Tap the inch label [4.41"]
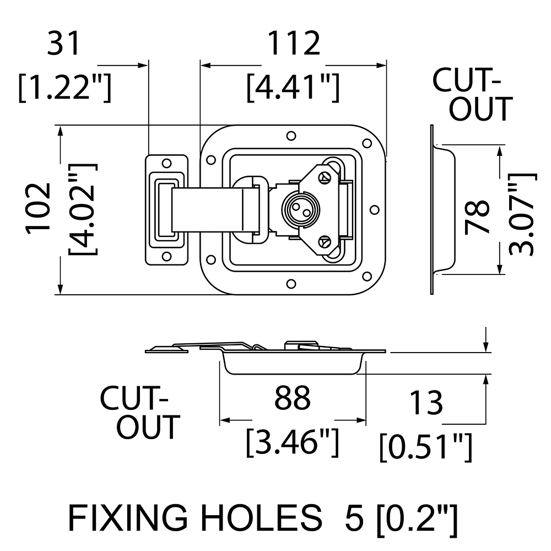[293, 87]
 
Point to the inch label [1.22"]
[65, 87]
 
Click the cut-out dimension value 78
[477, 217]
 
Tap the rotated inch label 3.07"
[522, 215]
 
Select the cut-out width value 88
[293, 398]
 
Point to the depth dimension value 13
[426, 403]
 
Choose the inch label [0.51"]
[426, 446]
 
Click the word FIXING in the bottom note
[128, 517]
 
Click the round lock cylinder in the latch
[300, 209]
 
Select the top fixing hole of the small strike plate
[166, 164]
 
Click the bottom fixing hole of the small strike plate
[166, 256]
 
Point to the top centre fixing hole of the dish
[291, 136]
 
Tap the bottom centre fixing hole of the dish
[291, 284]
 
